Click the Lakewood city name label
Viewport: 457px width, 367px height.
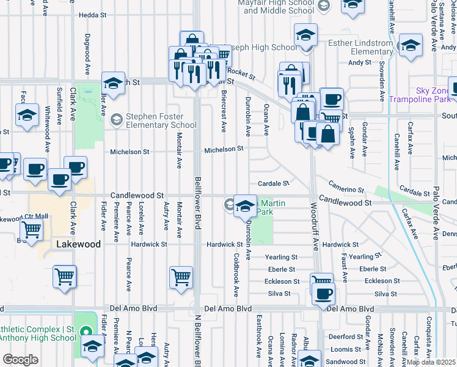click(78, 244)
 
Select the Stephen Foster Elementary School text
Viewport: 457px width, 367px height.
click(161, 120)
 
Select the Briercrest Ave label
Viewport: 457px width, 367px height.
click(224, 111)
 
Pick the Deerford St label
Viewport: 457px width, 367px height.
click(345, 336)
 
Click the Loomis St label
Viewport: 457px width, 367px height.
click(347, 349)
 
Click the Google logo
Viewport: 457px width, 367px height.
click(20, 360)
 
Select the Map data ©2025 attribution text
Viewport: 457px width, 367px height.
click(431, 362)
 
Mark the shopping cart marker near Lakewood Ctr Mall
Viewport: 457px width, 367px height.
click(32, 229)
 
